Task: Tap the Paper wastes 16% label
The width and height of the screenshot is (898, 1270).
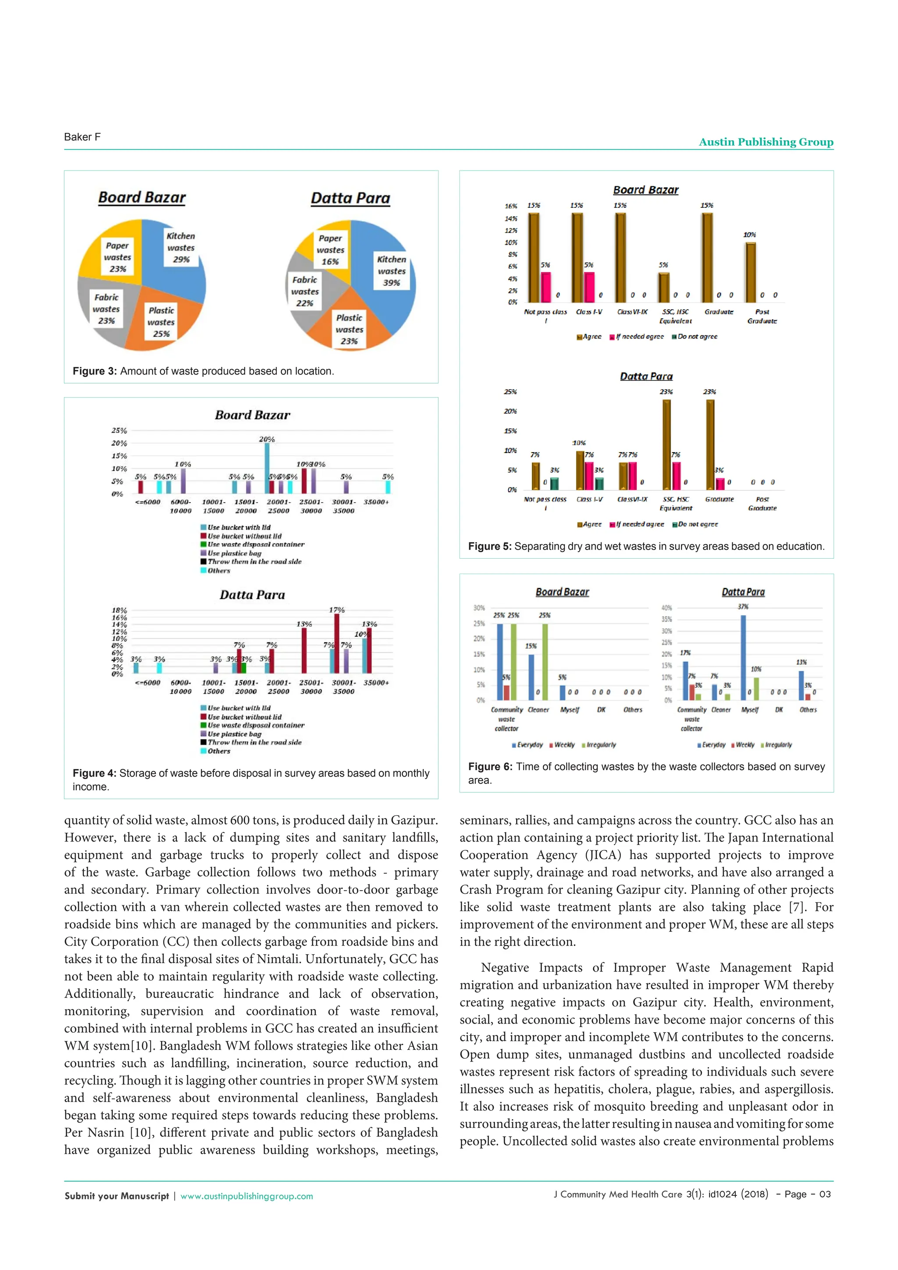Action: tap(330, 250)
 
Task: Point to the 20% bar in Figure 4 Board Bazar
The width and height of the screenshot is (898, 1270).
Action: tap(267, 468)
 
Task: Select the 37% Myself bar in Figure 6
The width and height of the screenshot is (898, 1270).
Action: tap(743, 657)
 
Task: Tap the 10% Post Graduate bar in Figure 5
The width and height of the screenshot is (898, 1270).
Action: tap(750, 272)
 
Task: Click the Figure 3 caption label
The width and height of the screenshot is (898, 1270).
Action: tap(95, 371)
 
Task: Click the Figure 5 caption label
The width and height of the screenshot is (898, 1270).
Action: tap(490, 546)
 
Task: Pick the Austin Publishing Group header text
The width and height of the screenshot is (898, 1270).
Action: tap(766, 142)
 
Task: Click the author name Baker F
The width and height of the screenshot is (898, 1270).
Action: tap(82, 137)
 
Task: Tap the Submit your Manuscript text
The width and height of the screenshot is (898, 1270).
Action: tap(117, 1196)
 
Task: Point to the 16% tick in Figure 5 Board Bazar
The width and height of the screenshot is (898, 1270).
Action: tap(510, 206)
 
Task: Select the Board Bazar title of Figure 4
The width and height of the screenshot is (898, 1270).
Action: tap(252, 415)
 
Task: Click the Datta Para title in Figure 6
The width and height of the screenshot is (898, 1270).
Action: tap(743, 592)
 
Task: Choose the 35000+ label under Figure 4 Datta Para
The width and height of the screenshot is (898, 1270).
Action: tap(376, 682)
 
